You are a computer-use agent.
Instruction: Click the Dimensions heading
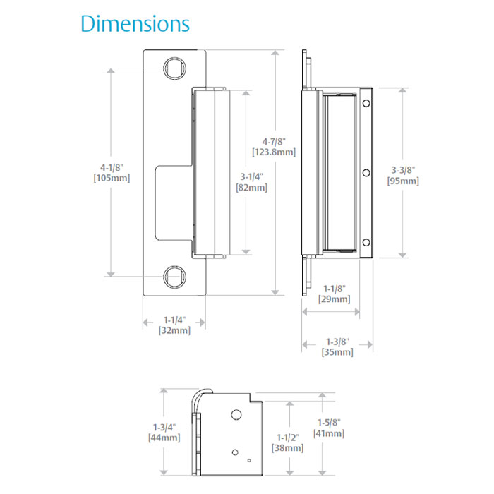coord(135,24)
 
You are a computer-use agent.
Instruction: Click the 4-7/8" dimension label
coord(273,141)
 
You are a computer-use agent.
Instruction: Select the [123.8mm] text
coord(273,152)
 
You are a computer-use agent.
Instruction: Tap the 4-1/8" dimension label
coord(111,167)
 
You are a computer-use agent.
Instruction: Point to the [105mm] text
coord(111,178)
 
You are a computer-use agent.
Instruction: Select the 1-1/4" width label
coord(174,319)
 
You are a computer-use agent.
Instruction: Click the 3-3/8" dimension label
coord(403,170)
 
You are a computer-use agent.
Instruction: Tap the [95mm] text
coord(403,181)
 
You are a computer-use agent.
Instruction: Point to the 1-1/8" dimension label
coord(335,289)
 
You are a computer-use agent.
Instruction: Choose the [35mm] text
coord(337,352)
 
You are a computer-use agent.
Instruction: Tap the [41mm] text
coord(329,433)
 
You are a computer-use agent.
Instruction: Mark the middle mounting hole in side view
coord(366,173)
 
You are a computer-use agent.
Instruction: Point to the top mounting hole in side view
coord(366,104)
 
